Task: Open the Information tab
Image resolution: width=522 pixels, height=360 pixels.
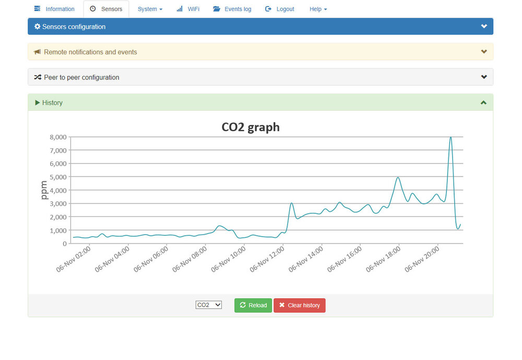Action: [54, 9]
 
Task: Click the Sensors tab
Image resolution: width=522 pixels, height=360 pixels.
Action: [106, 9]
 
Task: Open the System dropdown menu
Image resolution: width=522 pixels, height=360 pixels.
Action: [150, 9]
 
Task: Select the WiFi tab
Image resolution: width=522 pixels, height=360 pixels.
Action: [188, 9]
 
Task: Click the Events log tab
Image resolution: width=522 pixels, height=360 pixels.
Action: [232, 9]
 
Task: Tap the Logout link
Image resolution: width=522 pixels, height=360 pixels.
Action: [280, 9]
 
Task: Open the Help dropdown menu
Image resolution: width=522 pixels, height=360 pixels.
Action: [318, 9]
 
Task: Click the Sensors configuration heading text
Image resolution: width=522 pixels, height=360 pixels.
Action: [74, 27]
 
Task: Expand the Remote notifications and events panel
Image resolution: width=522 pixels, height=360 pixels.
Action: [484, 52]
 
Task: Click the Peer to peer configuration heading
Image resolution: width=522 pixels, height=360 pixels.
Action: [81, 77]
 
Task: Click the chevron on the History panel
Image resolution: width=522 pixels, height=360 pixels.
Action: [484, 102]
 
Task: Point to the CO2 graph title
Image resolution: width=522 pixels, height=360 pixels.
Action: [251, 127]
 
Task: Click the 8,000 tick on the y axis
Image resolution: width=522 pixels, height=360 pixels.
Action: [57, 137]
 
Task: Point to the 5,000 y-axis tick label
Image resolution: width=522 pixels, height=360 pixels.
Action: [57, 177]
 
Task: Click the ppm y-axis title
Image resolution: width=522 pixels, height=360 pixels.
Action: [44, 190]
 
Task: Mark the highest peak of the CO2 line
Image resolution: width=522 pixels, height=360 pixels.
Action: [450, 137]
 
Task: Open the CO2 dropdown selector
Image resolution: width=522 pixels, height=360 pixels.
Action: [209, 305]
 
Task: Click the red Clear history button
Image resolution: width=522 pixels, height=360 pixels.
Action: [299, 305]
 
